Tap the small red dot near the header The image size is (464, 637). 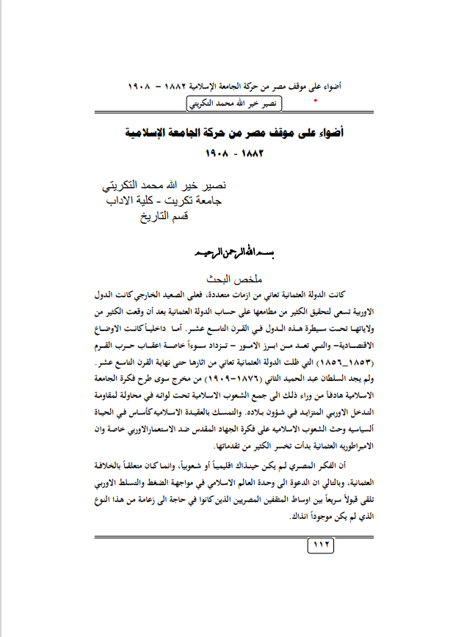(316, 98)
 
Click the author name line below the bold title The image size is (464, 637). (173, 183)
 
